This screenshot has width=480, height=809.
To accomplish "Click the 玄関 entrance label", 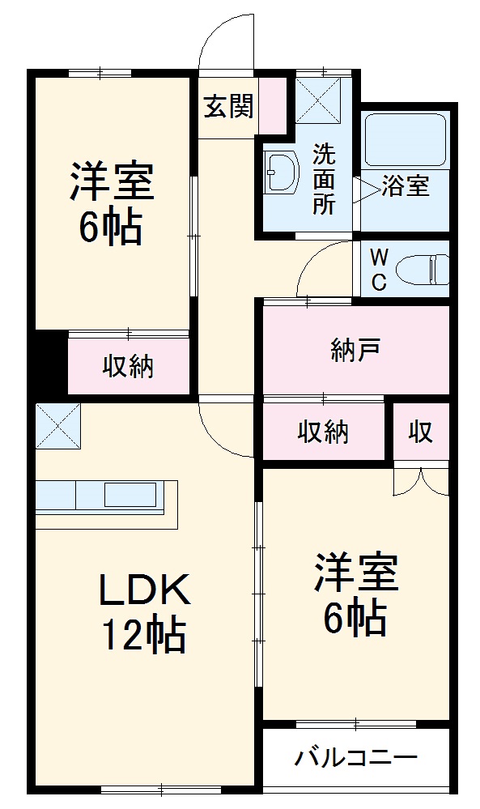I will [x=228, y=105].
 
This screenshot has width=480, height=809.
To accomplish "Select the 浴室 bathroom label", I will [x=405, y=186].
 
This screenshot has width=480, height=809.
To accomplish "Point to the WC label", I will [x=379, y=270].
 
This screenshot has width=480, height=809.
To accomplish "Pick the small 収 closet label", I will [x=420, y=432].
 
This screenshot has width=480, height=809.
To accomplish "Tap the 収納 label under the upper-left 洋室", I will [x=128, y=367].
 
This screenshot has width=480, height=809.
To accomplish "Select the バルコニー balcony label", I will [x=355, y=759].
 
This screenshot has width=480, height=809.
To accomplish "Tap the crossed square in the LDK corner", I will [x=58, y=425].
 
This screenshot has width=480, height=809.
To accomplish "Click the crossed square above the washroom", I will [x=318, y=99].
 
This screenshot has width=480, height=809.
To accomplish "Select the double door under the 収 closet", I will [x=420, y=481].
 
